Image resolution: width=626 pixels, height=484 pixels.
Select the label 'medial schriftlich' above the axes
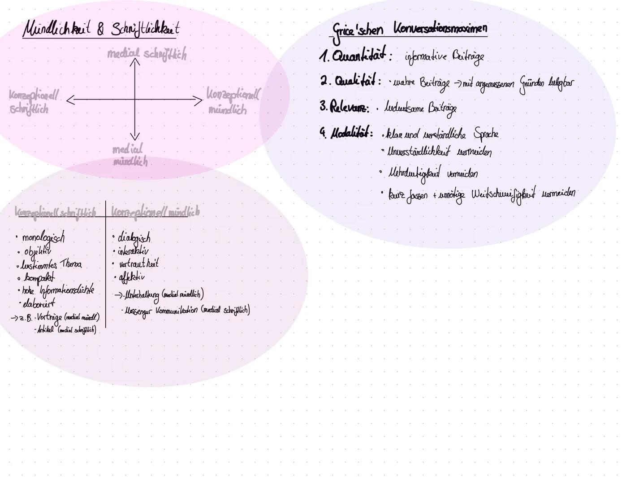tap(147, 54)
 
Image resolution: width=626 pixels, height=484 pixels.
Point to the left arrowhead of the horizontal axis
tap(70, 100)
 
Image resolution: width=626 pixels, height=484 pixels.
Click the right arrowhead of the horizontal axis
tap(199, 100)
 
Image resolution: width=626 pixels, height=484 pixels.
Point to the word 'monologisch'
tap(43, 237)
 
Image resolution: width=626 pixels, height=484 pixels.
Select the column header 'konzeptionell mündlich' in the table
tap(155, 212)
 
